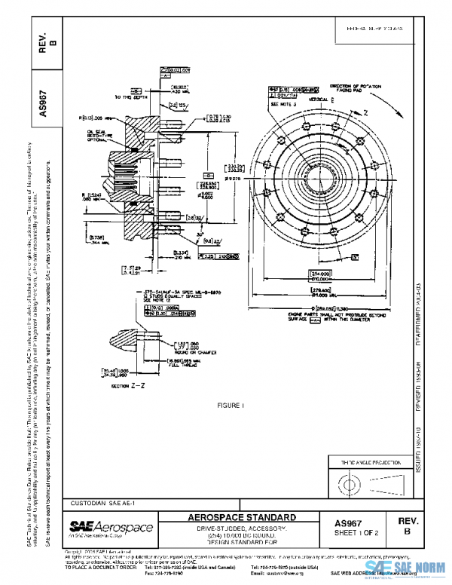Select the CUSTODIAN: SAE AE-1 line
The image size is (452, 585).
pos(102,502)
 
